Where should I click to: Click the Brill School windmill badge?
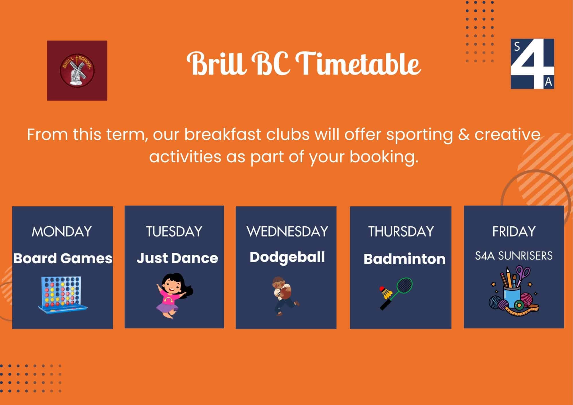click(77, 70)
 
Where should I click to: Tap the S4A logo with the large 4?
click(532, 64)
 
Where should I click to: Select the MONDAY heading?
click(62, 231)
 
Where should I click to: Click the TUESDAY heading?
click(174, 231)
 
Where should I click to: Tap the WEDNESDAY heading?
click(287, 231)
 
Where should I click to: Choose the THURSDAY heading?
click(401, 231)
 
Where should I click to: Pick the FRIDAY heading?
click(514, 231)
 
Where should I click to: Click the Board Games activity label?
click(63, 258)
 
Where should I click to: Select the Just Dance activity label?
click(177, 258)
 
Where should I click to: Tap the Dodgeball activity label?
click(287, 257)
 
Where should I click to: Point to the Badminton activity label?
click(405, 259)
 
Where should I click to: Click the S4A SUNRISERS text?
click(514, 256)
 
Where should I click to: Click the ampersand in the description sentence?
click(464, 135)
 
